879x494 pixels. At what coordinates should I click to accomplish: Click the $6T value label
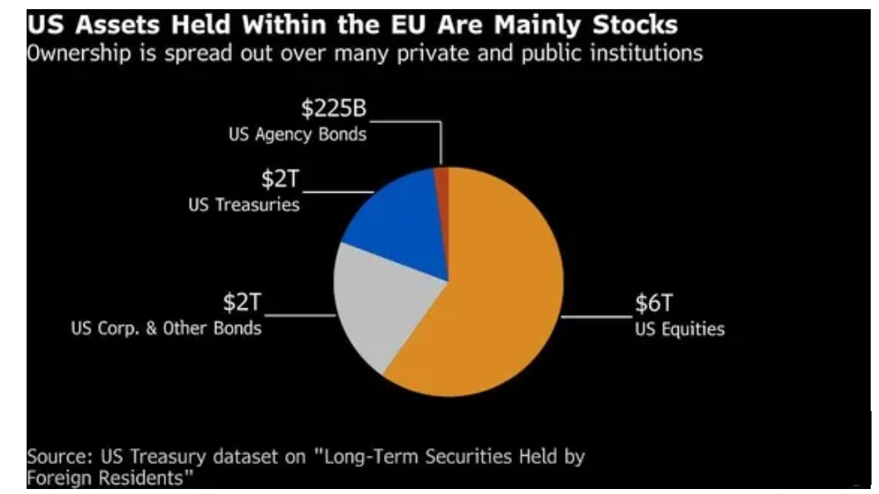653,304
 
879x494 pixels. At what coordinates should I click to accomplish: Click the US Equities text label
680,329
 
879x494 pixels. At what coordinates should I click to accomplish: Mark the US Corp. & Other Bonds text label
167,329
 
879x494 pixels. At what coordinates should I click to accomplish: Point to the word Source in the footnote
55,457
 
